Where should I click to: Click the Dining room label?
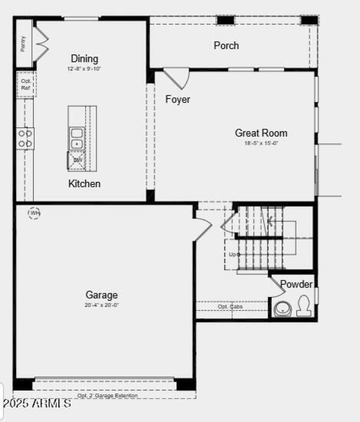point(84,58)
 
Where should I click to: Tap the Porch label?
point(226,45)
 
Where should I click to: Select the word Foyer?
point(178,99)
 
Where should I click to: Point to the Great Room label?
point(261,133)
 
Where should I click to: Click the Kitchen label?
point(84,184)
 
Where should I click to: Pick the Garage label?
point(102,295)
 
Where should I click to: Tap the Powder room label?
point(296,284)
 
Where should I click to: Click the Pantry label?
point(23,44)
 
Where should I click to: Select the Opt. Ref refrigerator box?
point(26,84)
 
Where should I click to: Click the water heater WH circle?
point(34,213)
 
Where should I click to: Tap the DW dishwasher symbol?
point(76,161)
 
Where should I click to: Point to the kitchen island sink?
point(77,139)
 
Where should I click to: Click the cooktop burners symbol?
point(25,139)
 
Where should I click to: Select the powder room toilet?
point(304,305)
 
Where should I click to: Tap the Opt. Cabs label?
point(230,306)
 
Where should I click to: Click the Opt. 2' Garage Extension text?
point(108,395)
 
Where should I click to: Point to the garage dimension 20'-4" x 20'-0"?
point(102,305)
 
